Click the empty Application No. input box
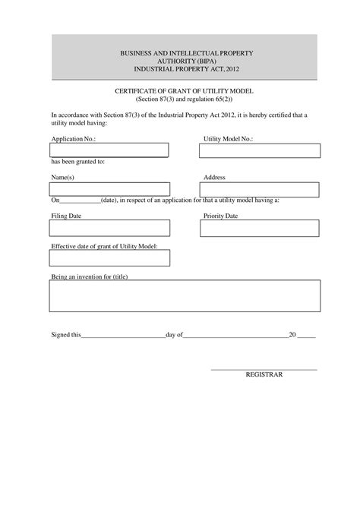tap(109, 150)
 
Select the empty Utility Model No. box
tap(259, 150)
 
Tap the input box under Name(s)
tap(110, 188)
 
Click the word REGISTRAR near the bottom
tap(264, 374)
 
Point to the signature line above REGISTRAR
tap(264, 368)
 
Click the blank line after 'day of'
tap(235, 335)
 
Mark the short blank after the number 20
tap(306, 335)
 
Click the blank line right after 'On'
tap(80, 201)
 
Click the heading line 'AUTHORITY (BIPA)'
tap(182, 60)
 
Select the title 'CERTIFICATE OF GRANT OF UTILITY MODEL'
tap(182, 90)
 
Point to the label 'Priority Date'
tap(221, 216)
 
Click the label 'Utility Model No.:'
tap(228, 140)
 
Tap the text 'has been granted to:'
tap(77, 162)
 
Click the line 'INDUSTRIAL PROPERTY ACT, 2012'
tap(182, 68)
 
